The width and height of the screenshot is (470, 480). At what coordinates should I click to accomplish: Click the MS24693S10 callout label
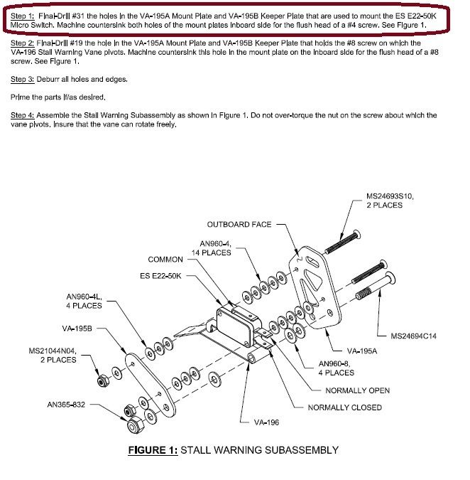tap(394, 196)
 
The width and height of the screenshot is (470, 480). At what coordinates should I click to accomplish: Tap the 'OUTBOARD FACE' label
tap(239, 225)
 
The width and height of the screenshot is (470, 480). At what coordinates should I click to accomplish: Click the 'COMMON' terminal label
tap(165, 260)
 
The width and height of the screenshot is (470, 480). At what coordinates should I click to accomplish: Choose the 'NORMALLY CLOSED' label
tap(344, 407)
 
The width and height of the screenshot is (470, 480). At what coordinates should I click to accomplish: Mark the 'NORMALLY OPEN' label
tap(357, 390)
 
